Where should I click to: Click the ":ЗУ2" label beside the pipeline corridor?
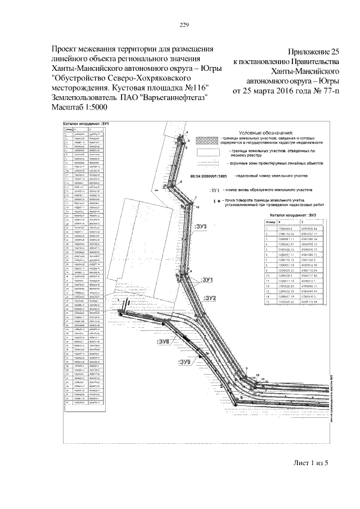coord(210,298)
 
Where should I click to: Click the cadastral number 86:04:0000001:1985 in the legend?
coord(211,175)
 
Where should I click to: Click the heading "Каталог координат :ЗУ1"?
coord(85,123)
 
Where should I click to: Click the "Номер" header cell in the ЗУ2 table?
coord(269,222)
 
